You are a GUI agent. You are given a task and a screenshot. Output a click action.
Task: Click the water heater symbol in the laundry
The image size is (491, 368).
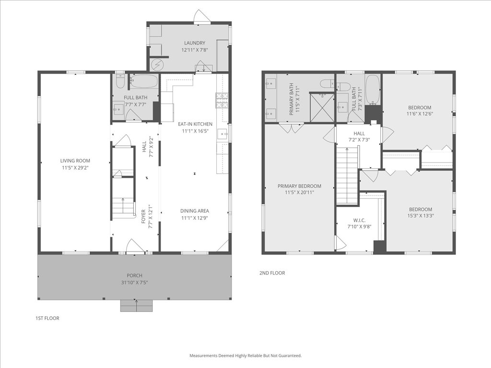point(157,64)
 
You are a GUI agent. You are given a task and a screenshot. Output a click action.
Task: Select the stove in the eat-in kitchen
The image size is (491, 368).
point(222,100)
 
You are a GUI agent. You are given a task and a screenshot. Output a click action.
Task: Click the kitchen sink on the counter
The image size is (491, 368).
point(222,134)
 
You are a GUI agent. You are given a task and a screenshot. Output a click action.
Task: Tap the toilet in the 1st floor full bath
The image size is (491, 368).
point(119,82)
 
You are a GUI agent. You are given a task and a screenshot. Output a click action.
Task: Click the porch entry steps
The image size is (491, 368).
point(137,306)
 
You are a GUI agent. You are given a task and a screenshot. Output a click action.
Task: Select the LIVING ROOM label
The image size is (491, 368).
point(75,161)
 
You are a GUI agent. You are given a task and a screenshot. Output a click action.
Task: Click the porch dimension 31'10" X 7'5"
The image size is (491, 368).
point(135,283)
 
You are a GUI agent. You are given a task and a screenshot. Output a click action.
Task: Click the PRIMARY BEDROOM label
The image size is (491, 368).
point(299,186)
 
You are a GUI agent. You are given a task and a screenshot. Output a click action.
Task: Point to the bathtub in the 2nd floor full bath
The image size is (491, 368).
point(372,90)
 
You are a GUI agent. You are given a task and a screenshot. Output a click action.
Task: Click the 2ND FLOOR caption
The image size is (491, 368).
point(272,273)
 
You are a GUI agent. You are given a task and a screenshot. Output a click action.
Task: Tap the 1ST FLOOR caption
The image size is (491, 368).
point(47,318)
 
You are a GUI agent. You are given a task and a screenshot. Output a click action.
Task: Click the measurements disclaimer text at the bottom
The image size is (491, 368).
point(245,356)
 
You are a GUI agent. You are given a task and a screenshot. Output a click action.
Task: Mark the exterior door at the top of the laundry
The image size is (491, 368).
point(202,18)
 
